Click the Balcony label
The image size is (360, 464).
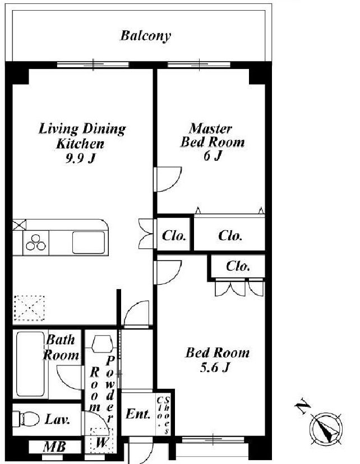tap(145, 36)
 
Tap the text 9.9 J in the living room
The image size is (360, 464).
tap(80, 159)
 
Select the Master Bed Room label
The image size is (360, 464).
tap(213, 135)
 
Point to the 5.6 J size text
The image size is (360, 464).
tap(215, 368)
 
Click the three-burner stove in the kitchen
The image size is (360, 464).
tap(36, 243)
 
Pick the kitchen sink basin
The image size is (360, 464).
tap(89, 243)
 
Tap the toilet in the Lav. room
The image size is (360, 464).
tap(26, 419)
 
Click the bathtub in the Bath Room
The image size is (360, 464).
tap(30, 364)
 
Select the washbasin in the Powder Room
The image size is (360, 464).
tap(102, 344)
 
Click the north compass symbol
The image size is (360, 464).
tap(326, 429)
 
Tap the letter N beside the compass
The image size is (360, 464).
tap(303, 406)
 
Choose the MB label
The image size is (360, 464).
tap(54, 447)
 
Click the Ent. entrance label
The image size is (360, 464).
tap(138, 414)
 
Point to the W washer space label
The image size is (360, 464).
tap(101, 443)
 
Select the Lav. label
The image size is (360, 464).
tap(57, 419)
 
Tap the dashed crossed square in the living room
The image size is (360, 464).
tap(29, 308)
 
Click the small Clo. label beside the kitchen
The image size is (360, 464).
tap(174, 236)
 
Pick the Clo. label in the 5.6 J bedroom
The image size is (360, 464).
tap(238, 266)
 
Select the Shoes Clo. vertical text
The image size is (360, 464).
tap(163, 415)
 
